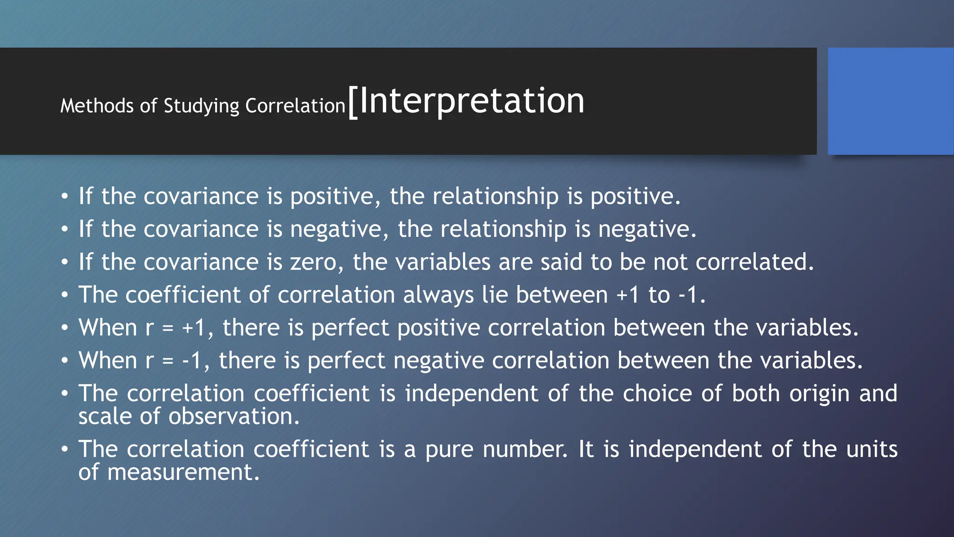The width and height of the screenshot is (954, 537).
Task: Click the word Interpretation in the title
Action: click(471, 101)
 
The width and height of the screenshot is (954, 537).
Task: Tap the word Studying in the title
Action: click(201, 106)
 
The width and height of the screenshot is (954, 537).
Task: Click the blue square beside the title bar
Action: click(890, 101)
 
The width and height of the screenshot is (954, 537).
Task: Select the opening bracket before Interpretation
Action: click(353, 103)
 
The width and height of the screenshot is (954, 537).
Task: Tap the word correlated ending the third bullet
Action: click(754, 262)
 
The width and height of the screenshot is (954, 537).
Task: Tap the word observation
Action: click(233, 416)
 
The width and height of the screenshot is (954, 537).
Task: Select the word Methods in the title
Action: click(97, 106)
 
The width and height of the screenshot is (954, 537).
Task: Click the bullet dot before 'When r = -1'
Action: click(65, 361)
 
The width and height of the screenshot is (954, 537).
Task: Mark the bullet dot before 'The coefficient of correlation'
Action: click(65, 295)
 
